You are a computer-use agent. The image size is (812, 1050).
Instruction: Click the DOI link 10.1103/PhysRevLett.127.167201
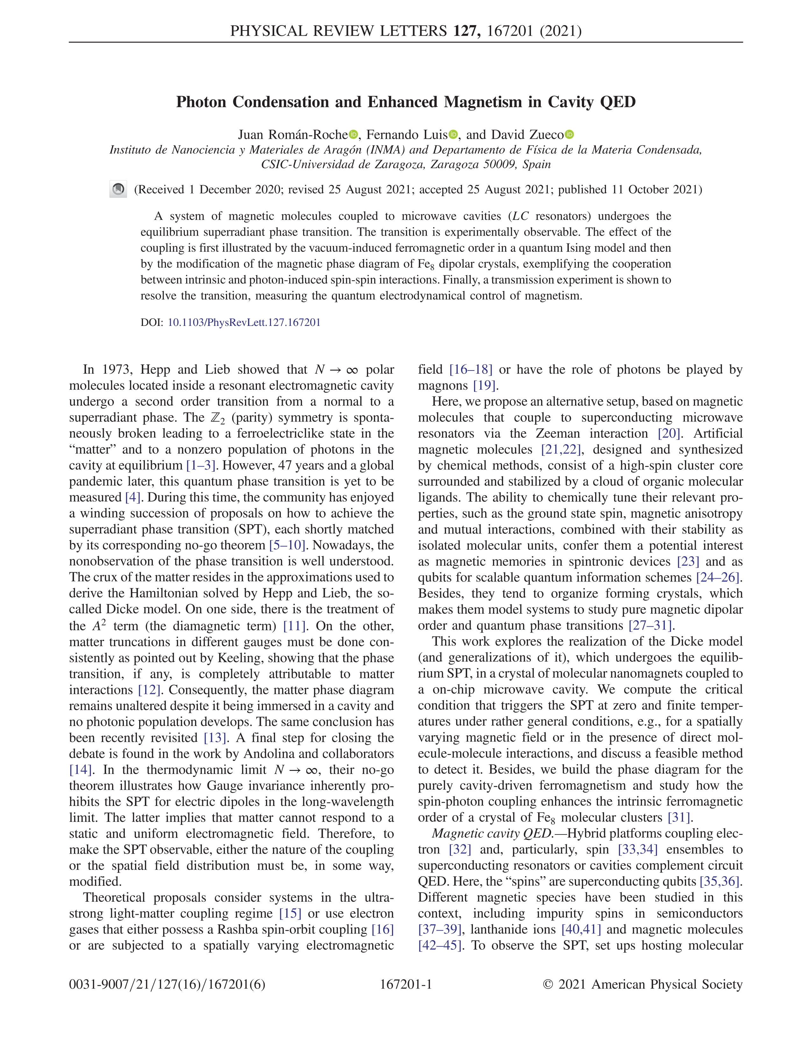click(244, 322)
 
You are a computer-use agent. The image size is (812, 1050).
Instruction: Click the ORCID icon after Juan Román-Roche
click(353, 135)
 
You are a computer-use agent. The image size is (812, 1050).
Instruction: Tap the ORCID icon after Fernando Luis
click(453, 135)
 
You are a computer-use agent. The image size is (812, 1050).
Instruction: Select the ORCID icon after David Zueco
click(570, 135)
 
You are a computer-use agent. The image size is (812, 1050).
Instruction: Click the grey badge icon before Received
click(118, 189)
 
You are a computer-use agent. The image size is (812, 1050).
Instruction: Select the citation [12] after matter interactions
click(149, 689)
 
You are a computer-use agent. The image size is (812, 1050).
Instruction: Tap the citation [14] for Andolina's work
click(80, 770)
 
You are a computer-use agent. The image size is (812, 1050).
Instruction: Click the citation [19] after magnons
click(484, 385)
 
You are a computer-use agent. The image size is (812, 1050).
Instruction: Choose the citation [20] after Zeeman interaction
click(669, 433)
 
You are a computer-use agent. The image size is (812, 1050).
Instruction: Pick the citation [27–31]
click(650, 625)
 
